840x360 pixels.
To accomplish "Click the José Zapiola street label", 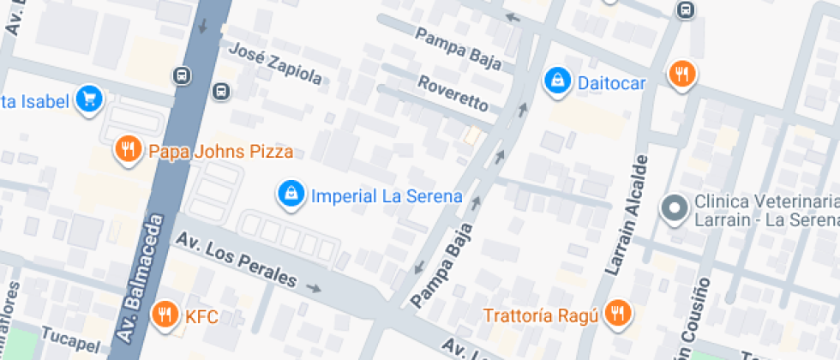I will click(x=275, y=63).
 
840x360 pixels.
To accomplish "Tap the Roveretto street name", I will click(x=453, y=93).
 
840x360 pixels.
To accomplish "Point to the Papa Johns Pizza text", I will click(x=221, y=152).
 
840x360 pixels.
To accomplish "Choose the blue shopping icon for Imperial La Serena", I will click(x=291, y=195).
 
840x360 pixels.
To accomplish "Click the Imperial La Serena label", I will click(x=387, y=195).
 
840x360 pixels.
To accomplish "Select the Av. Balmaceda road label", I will click(x=140, y=279).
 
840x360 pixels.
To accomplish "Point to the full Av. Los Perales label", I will click(x=237, y=261).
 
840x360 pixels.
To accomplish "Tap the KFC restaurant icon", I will click(x=164, y=315).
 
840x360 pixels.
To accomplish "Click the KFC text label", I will click(x=201, y=317).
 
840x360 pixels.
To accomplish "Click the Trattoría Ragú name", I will click(x=539, y=315).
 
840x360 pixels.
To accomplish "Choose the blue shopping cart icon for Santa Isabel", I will click(x=88, y=100).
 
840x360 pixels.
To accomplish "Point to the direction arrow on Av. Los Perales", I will click(x=314, y=289).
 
